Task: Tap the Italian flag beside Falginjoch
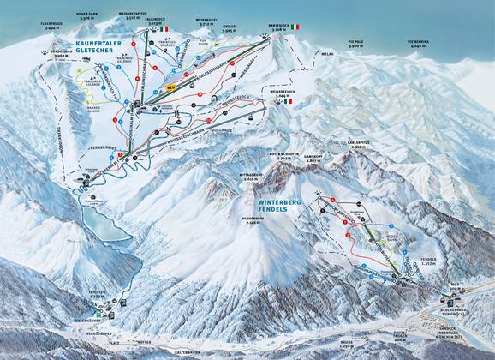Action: coord(161,29)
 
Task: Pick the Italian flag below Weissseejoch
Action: coord(288,101)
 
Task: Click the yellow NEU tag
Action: coord(170,87)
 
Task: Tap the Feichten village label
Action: coord(97,293)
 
